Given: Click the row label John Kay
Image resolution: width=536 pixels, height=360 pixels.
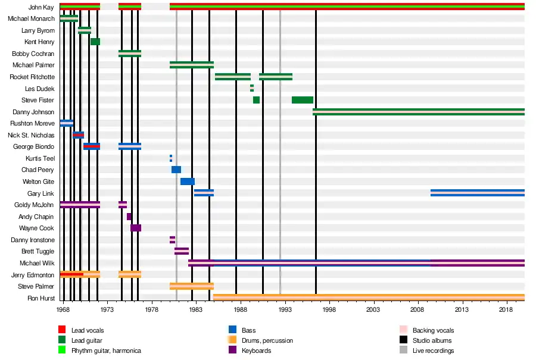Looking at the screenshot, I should pos(42,7).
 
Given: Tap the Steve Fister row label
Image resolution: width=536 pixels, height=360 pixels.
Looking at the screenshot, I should pos(38,100).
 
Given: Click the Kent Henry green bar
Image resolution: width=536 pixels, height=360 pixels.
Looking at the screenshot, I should pos(95,42).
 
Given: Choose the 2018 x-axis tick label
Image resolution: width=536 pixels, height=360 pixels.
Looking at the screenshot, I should pos(506,309).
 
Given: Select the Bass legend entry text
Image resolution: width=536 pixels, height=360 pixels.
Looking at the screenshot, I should pos(249,330).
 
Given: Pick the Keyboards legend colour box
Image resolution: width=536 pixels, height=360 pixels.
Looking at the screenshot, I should pos(233,350).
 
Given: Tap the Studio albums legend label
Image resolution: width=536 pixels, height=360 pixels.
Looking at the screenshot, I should pos(432,340).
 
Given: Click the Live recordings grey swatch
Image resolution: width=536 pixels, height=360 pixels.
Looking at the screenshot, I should pos(403,350).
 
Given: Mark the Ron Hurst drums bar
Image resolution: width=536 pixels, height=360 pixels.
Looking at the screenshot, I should pos(369,298).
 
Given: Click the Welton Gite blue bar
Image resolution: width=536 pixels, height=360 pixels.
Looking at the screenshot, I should pos(188,181).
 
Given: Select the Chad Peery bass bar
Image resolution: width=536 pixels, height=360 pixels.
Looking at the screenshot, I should pos(176,170).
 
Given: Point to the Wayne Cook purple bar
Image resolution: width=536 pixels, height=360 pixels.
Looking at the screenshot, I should pos(136,228).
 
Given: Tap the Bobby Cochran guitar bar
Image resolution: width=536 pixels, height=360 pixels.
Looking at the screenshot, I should pos(130,54).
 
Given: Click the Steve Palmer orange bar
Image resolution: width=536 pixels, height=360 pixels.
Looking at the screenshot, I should pos(192,286).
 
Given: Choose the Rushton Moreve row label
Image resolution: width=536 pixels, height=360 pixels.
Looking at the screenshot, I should pos(32,123).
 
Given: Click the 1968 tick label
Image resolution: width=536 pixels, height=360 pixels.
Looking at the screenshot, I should pos(63,309).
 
